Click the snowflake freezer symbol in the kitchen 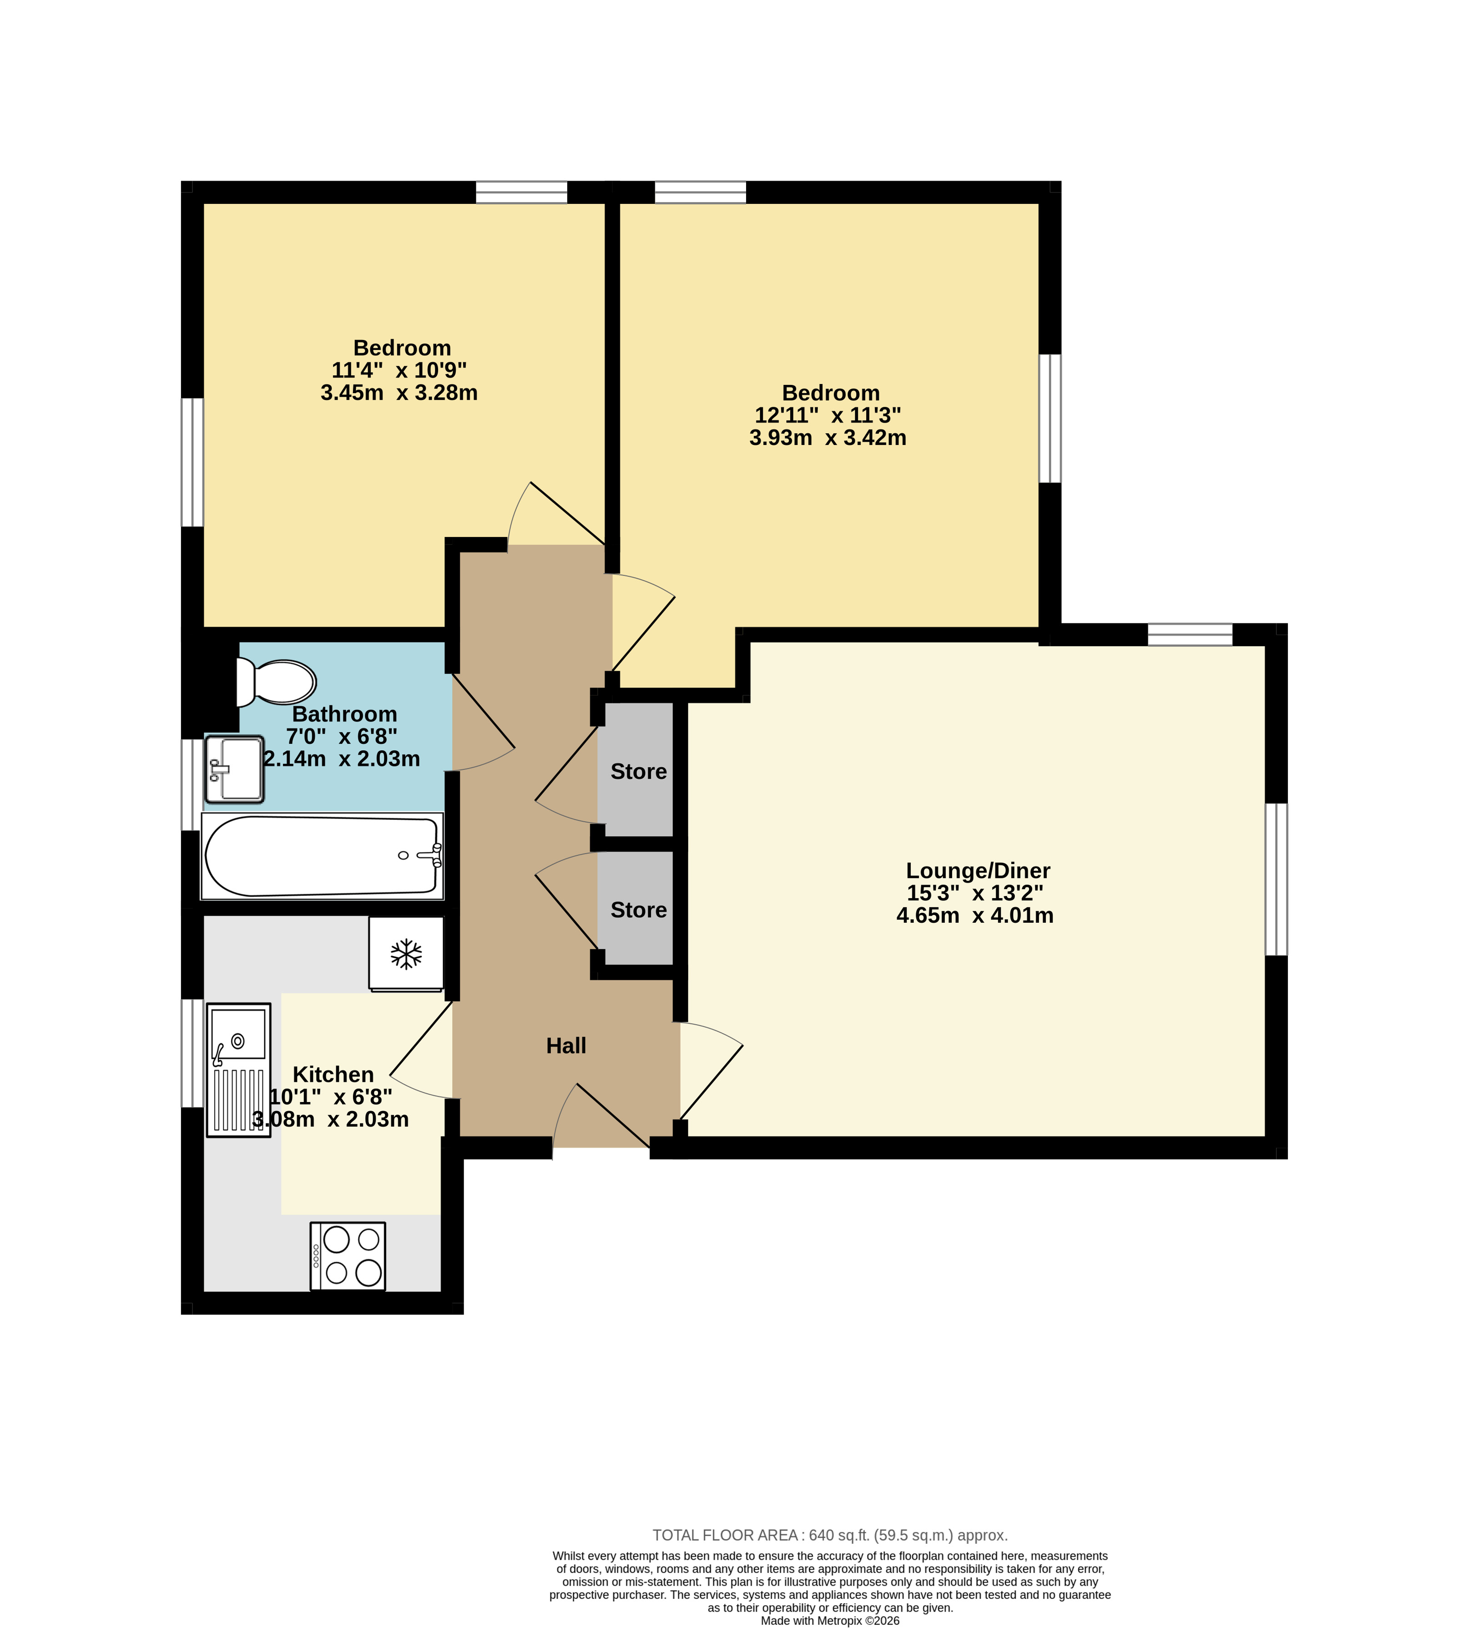pyautogui.click(x=407, y=954)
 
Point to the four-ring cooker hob pyautogui.click(x=348, y=1256)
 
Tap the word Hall pyautogui.click(x=566, y=1046)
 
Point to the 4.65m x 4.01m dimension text pyautogui.click(x=975, y=915)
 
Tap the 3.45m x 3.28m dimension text pyautogui.click(x=399, y=393)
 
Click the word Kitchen pyautogui.click(x=333, y=1075)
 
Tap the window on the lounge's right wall pyautogui.click(x=1276, y=879)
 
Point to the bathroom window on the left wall pyautogui.click(x=192, y=784)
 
